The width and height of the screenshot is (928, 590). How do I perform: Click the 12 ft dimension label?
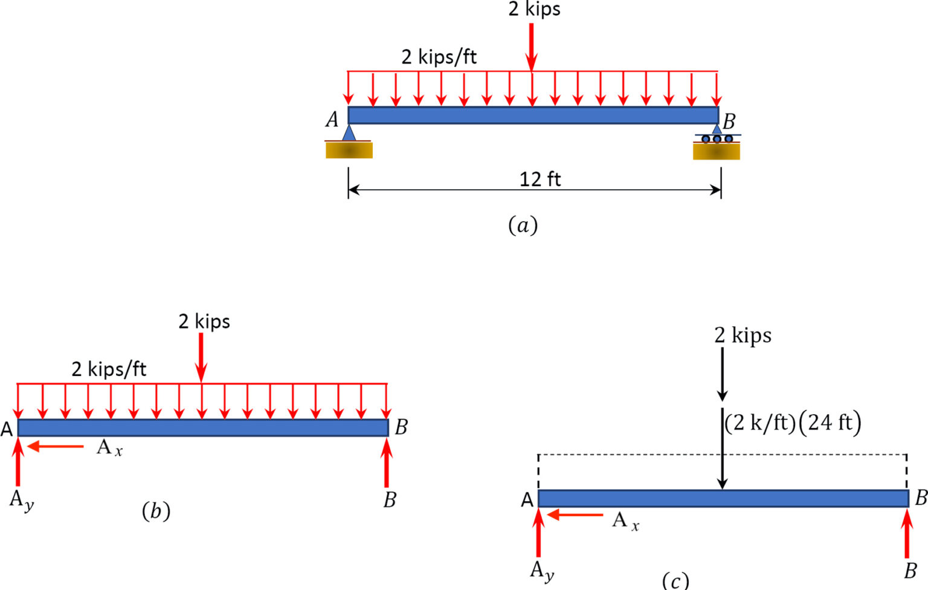click(540, 179)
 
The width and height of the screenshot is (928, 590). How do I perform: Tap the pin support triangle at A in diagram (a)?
click(349, 133)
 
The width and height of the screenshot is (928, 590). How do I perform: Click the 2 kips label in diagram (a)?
click(534, 9)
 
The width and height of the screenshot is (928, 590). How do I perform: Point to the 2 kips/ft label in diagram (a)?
click(439, 57)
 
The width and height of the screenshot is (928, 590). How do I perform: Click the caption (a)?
click(523, 225)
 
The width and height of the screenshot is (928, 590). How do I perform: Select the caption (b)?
click(156, 511)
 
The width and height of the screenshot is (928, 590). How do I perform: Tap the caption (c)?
click(675, 580)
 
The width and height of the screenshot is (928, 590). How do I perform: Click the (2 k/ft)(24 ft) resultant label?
click(793, 423)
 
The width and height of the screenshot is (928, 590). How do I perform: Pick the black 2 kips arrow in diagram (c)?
click(722, 375)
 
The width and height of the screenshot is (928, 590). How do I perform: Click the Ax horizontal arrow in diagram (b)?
click(56, 447)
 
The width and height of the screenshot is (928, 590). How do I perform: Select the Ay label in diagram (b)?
click(21, 501)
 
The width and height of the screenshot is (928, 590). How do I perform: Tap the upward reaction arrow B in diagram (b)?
click(387, 462)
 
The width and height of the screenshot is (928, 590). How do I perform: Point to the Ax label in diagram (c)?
click(625, 521)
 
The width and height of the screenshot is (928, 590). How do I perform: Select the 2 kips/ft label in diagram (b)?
click(109, 369)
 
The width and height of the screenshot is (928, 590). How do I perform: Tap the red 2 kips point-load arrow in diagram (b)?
click(201, 357)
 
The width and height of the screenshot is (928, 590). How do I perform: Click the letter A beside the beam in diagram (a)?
click(332, 120)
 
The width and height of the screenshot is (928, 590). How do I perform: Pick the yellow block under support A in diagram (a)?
click(349, 150)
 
